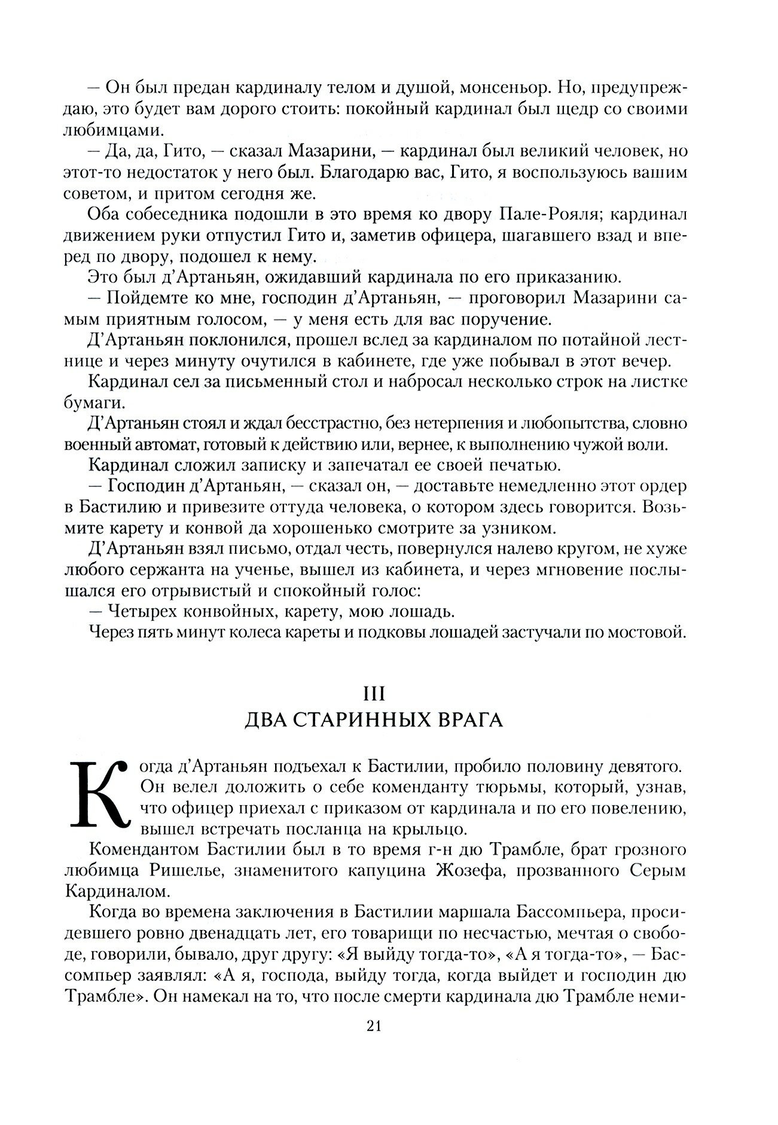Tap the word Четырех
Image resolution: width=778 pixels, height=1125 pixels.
[142, 612]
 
